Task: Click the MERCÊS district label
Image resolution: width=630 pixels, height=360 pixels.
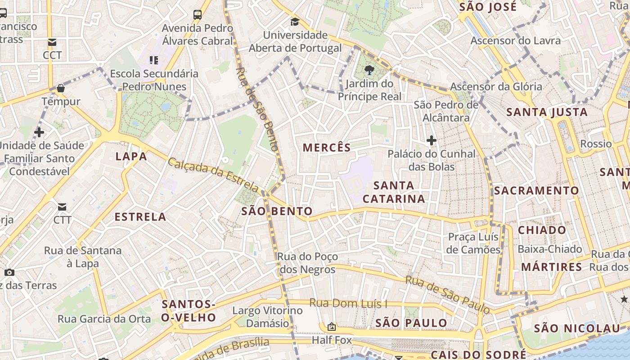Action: pos(327,148)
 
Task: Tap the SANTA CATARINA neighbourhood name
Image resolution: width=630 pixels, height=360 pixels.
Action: pos(394,192)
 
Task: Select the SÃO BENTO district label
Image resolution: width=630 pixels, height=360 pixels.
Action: pos(277,211)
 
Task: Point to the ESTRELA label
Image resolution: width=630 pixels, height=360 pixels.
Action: pos(140,217)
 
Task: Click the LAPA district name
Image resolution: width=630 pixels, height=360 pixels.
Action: pos(131,157)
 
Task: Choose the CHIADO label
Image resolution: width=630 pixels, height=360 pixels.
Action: pos(542,230)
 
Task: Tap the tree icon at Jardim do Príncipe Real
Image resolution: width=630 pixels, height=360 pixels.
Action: pos(369,70)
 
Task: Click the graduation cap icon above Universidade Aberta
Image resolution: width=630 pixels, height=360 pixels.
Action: pos(295,22)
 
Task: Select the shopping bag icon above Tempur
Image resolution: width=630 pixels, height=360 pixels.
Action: pos(61,88)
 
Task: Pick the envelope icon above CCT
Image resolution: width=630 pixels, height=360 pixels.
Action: pos(52,42)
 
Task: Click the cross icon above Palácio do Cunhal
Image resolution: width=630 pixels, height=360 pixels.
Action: pos(432,140)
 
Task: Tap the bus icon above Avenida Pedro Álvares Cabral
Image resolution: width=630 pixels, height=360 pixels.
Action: pos(198,14)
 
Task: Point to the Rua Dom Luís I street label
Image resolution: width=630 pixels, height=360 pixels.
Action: pos(348,304)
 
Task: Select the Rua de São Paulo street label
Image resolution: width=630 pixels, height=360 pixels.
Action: pos(447,295)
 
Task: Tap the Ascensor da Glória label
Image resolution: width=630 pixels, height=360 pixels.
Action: pos(496,86)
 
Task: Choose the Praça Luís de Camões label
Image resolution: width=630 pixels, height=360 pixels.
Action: pos(473,243)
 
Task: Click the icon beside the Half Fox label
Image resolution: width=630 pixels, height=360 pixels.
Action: pos(332,326)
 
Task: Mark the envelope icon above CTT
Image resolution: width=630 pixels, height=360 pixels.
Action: pos(62,207)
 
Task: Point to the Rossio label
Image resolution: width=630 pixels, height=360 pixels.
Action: pos(596,144)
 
